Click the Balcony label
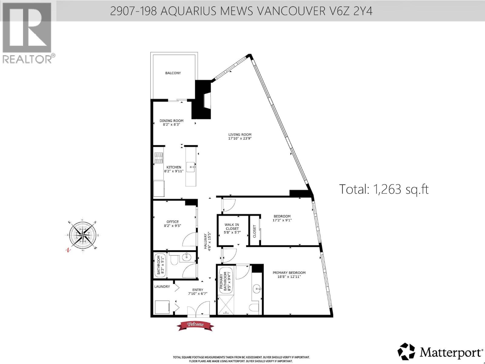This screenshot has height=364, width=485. (x=173, y=73)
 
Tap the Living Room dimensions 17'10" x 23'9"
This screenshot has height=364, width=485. (x=240, y=138)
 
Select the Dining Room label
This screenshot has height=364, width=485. (x=172, y=121)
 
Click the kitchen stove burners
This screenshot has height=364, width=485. (x=159, y=158)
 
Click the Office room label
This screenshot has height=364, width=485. (x=172, y=222)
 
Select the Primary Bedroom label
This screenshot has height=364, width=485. (x=289, y=273)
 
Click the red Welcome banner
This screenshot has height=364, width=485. (x=195, y=325)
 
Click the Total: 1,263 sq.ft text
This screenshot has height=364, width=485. (x=384, y=189)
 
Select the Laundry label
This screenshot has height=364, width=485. (x=162, y=286)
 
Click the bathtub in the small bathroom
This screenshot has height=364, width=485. (x=158, y=265)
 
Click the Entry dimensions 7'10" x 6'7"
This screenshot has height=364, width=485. (x=197, y=294)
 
